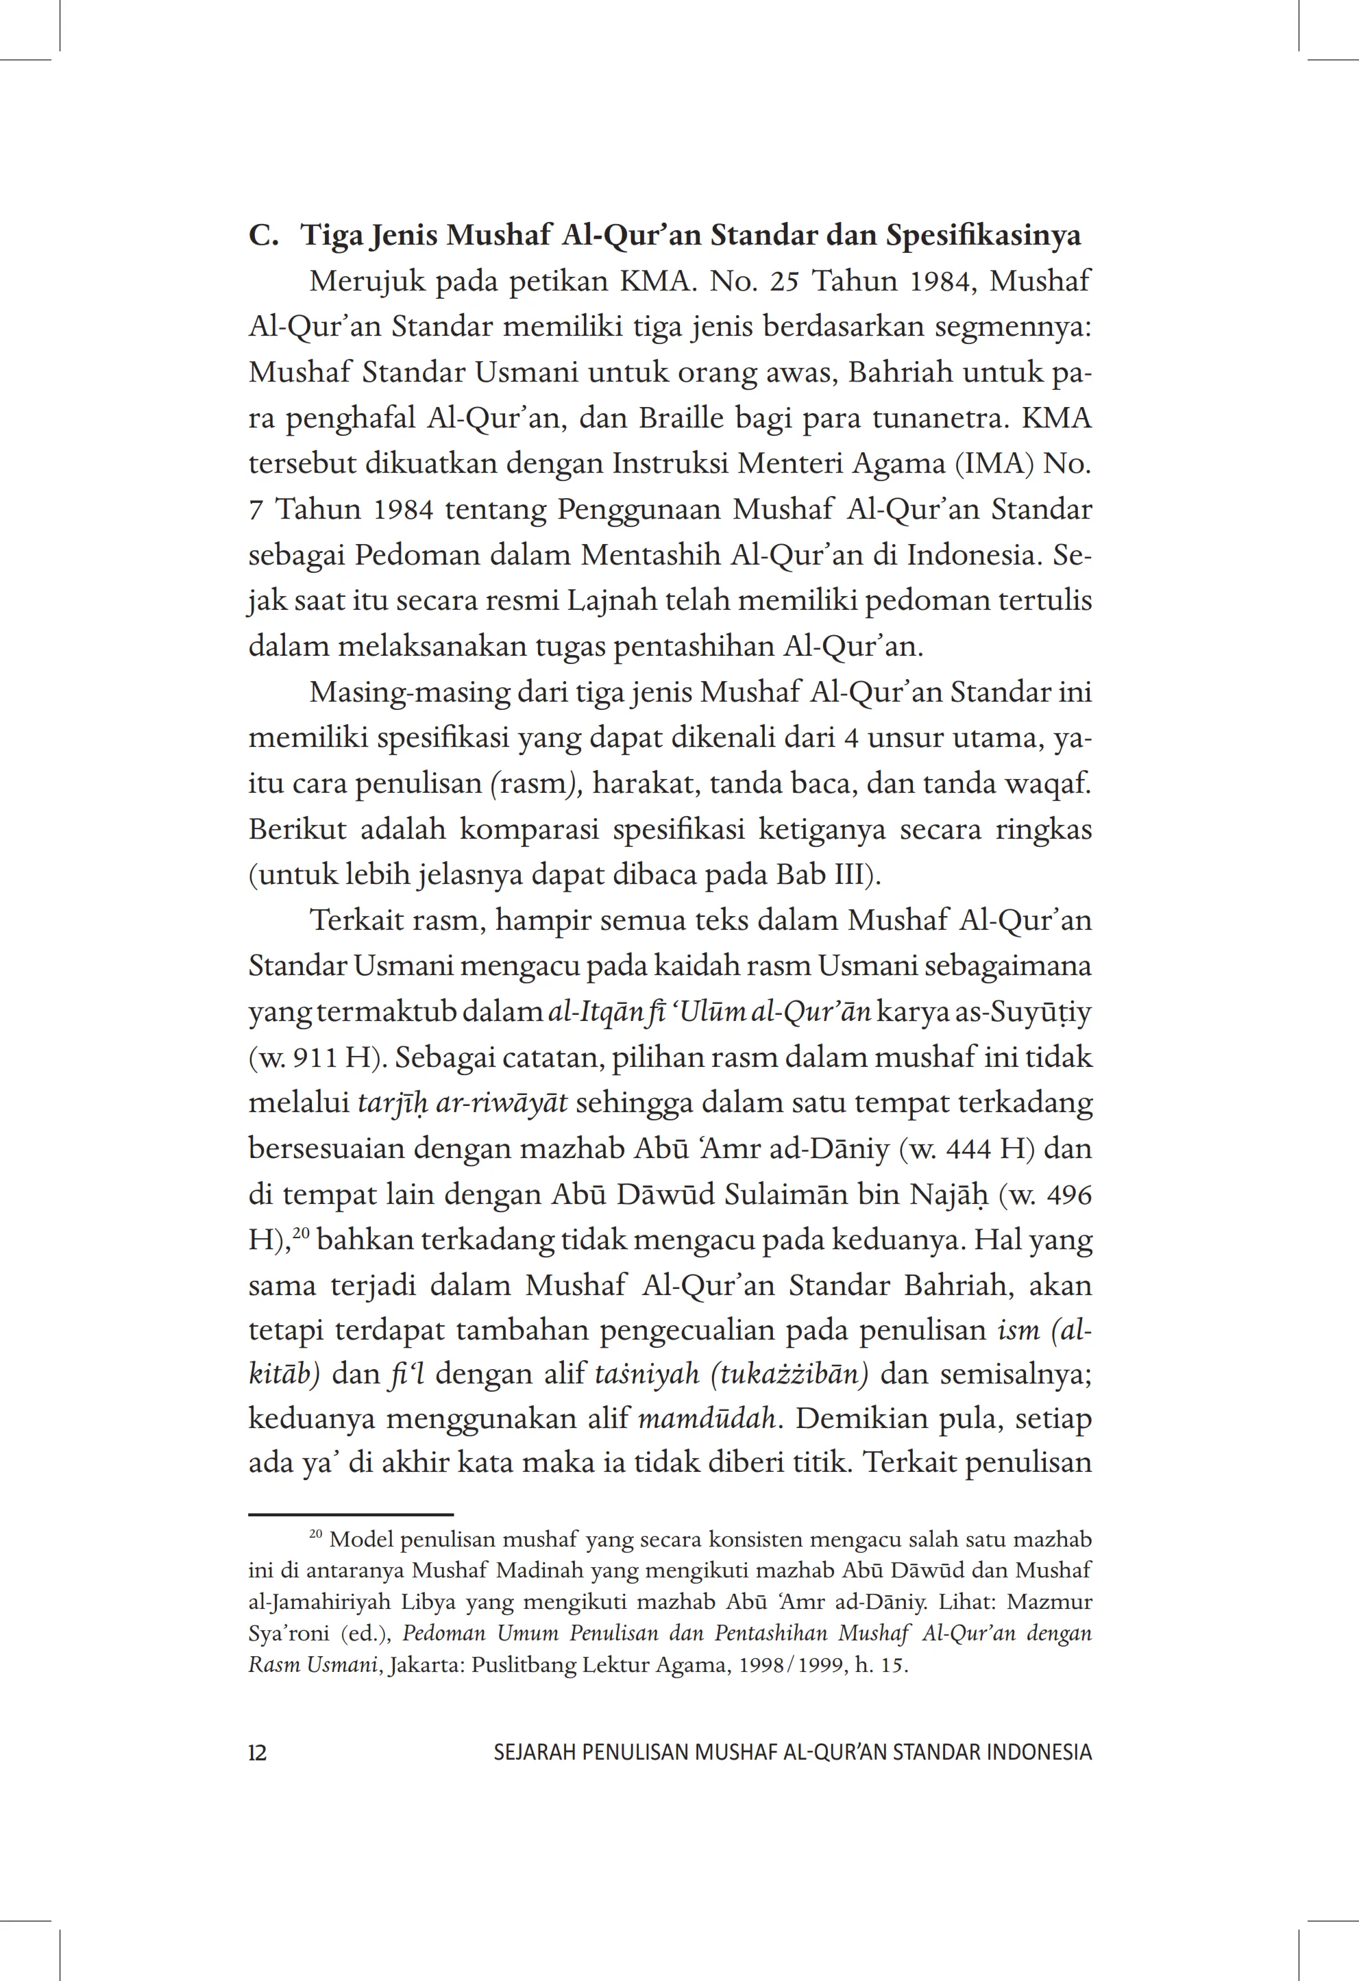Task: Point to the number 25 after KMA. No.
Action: tap(785, 282)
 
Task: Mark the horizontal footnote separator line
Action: tap(350, 1515)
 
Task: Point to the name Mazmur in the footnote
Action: tap(1049, 1603)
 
